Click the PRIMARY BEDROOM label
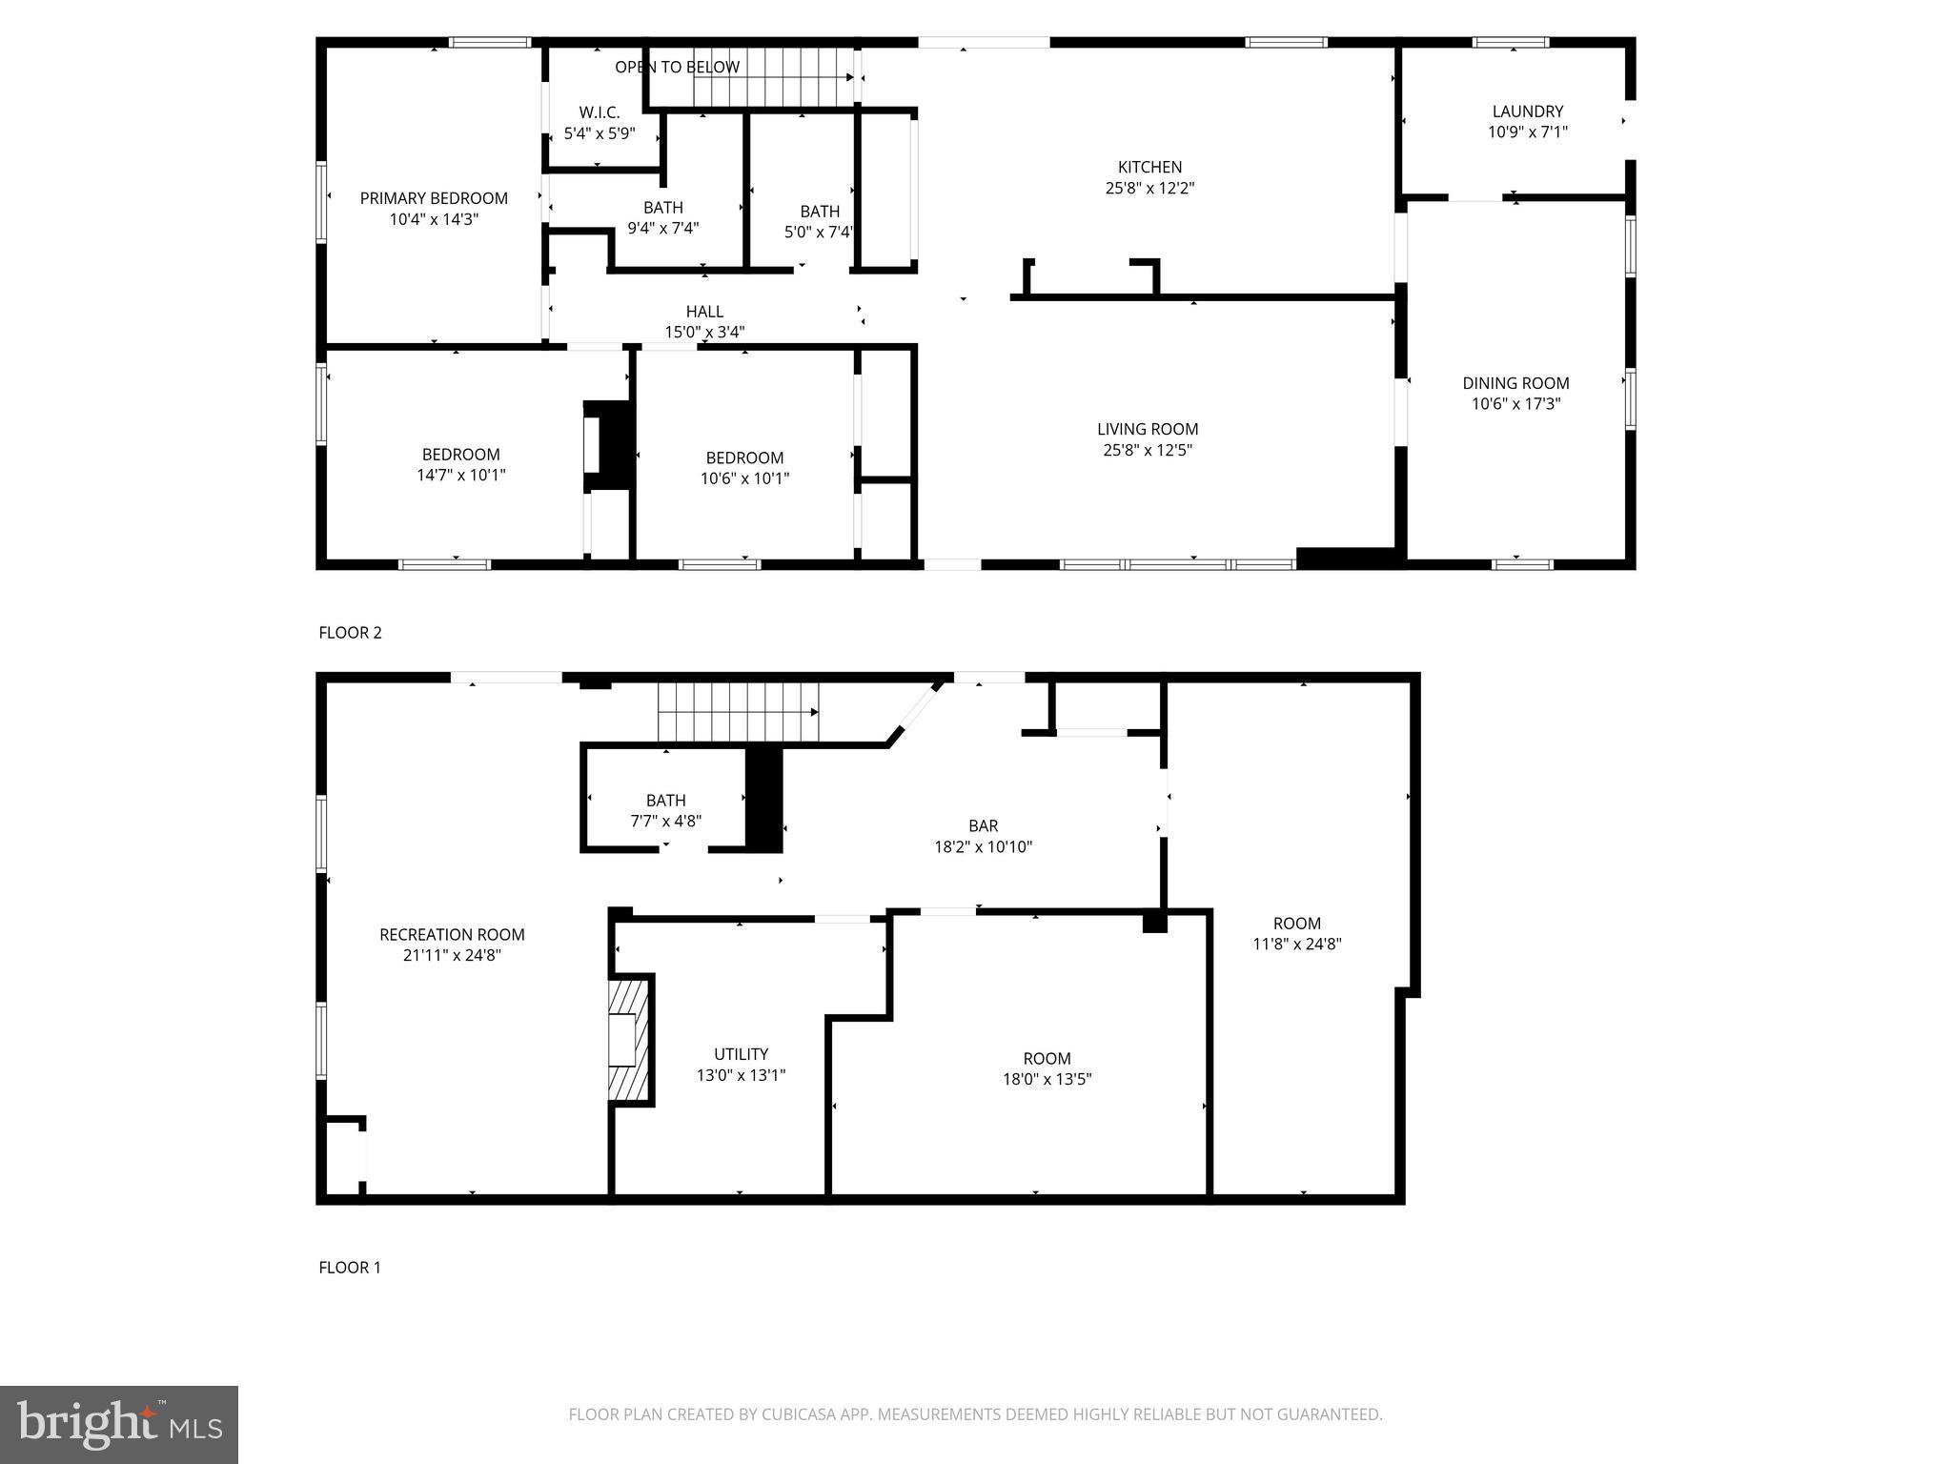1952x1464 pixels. pos(434,198)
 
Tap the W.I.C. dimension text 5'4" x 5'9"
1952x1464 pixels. pos(599,133)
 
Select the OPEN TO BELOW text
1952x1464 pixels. pos(677,67)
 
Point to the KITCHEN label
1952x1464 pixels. pos(1149,167)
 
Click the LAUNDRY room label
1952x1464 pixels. pos(1527,112)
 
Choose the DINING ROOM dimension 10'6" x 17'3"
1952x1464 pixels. pos(1515,404)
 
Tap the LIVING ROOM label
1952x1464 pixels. pos(1148,429)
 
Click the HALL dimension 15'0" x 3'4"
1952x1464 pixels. pos(704,333)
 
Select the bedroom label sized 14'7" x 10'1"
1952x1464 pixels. pos(460,455)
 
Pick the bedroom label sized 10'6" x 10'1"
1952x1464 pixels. pos(744,457)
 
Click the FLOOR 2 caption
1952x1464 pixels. pos(350,633)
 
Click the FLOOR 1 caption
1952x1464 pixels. pos(350,1268)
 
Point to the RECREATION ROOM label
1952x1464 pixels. pos(452,934)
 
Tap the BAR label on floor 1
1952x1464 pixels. pos(983,825)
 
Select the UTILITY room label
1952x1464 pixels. pos(741,1053)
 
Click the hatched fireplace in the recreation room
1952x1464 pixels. pos(629,1040)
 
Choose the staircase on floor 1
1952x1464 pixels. pos(739,712)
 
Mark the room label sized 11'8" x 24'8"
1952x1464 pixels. pos(1296,923)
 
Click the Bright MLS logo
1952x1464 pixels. pos(118,1425)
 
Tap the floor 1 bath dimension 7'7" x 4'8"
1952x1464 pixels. pos(665,821)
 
